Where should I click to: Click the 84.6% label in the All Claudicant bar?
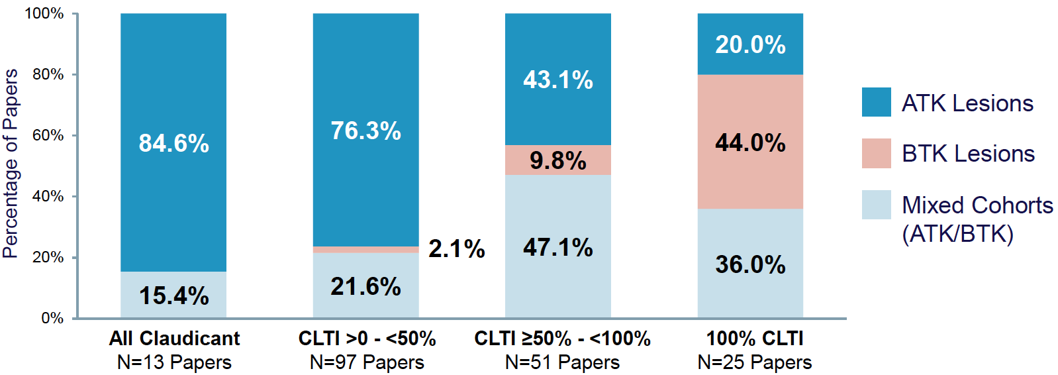tap(173, 143)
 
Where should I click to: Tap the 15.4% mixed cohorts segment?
tap(173, 295)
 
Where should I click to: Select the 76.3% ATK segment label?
tap(365, 131)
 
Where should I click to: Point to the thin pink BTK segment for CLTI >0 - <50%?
tap(365, 250)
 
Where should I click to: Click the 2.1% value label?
tap(456, 249)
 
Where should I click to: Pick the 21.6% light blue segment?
tap(365, 286)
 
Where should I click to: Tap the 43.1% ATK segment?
tap(557, 80)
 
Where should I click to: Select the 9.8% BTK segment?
tap(557, 160)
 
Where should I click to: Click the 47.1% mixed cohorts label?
tap(557, 248)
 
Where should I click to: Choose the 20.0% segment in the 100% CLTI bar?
tap(750, 44)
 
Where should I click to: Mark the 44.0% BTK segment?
tap(750, 142)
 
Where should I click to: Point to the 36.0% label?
tap(750, 265)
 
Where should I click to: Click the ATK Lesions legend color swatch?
tap(876, 103)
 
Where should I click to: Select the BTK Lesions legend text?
tap(968, 154)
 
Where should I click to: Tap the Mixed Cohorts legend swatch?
tap(876, 205)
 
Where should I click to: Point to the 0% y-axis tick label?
tap(52, 318)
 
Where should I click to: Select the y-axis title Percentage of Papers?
tap(11, 163)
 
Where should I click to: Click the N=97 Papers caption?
tap(367, 362)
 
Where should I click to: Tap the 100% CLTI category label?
tap(754, 339)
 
